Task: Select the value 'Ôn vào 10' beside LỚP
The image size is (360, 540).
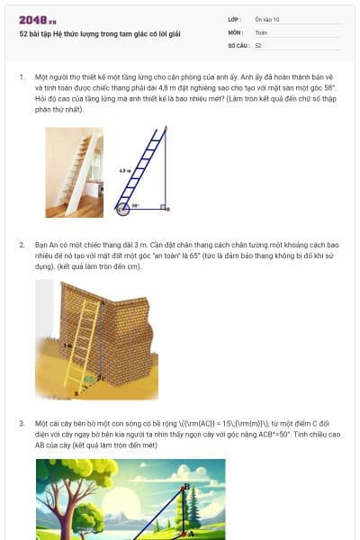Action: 267,19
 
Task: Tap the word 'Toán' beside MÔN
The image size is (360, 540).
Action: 261,31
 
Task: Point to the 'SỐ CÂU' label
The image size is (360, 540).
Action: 238,44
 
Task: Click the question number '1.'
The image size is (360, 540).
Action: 22,77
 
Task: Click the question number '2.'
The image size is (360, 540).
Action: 22,244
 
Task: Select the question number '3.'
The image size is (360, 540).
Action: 22,422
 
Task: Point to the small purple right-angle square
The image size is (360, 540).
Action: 163,207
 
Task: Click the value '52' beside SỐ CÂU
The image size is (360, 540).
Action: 258,44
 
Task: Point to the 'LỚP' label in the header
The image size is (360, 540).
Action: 234,19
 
